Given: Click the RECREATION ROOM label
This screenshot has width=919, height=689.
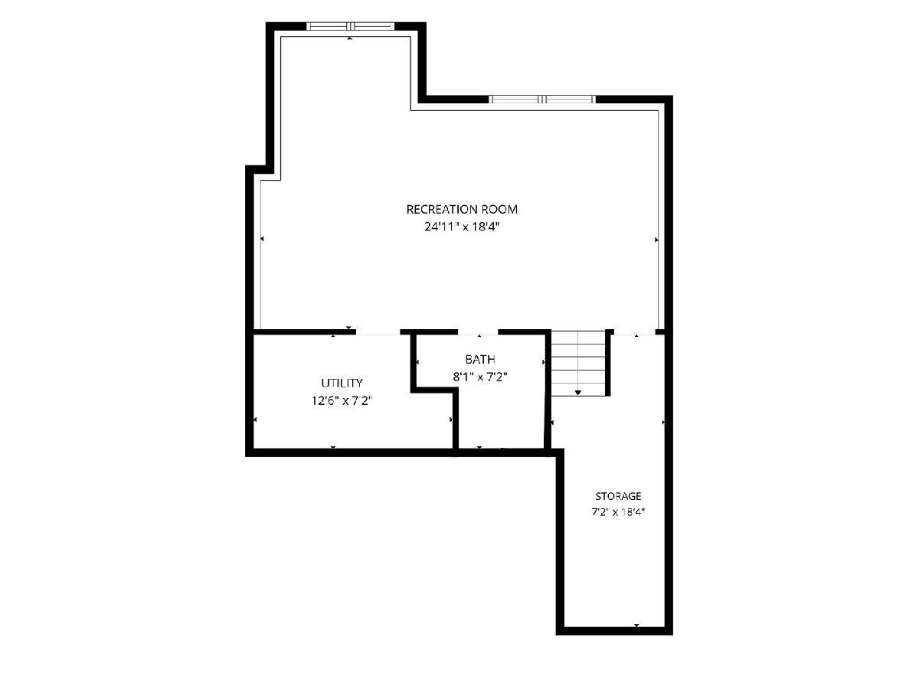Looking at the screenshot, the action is (x=462, y=209).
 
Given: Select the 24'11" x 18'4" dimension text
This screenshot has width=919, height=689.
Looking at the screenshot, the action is (x=462, y=227).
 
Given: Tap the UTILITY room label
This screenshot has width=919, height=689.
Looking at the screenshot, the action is (x=342, y=383).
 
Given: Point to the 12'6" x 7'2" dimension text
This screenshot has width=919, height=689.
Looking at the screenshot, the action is (x=342, y=400).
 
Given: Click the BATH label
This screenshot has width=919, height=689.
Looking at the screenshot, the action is (x=480, y=359).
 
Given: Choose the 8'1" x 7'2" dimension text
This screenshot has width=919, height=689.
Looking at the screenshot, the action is (x=480, y=377).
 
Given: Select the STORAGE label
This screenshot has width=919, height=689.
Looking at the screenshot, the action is (x=618, y=496).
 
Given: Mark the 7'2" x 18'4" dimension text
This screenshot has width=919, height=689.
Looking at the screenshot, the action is (x=618, y=512).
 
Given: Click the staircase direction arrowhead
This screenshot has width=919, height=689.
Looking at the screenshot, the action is (x=577, y=393).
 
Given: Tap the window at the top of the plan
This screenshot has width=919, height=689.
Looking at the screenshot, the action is (x=351, y=26).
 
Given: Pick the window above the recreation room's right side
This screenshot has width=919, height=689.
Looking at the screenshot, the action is (x=542, y=100).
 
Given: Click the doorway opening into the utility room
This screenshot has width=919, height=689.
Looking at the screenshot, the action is (x=378, y=332).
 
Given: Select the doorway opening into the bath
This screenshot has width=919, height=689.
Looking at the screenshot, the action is (x=478, y=332).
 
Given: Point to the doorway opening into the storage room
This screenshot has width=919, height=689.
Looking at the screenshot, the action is (x=634, y=332).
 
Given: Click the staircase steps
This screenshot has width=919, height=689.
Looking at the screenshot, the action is (x=577, y=363).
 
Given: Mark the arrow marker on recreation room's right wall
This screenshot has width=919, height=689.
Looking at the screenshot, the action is (x=656, y=240).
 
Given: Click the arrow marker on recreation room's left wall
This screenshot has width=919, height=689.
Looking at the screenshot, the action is (x=262, y=239).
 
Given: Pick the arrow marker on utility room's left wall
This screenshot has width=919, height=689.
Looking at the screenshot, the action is (x=255, y=420).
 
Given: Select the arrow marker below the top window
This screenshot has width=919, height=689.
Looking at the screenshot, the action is (x=349, y=38).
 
